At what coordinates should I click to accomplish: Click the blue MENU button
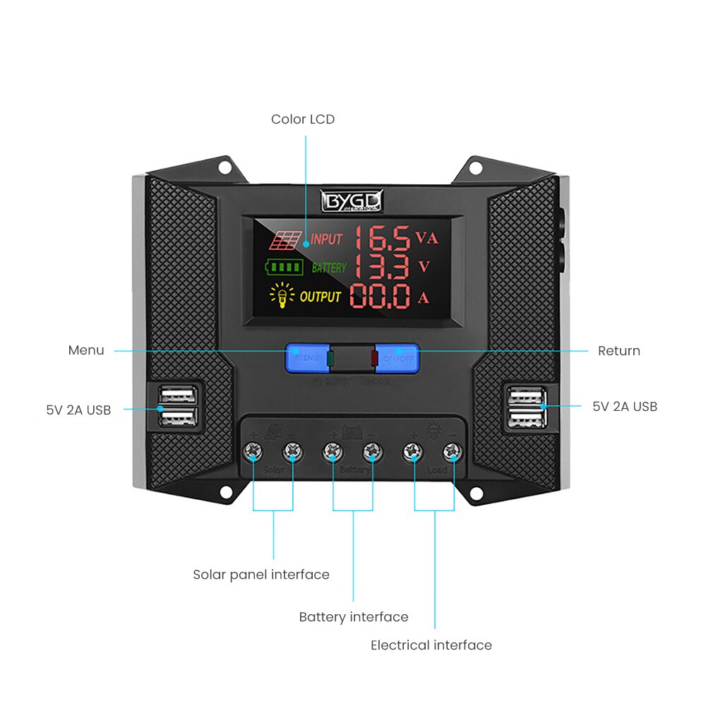pos(307,357)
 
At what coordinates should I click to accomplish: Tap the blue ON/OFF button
pos(397,357)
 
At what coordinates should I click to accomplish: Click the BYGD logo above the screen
pos(352,201)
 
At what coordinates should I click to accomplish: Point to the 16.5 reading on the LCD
pos(382,238)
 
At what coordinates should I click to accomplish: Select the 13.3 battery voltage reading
pos(382,267)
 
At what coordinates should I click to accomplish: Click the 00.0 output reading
pos(381,297)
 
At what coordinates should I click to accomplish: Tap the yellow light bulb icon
pos(281,297)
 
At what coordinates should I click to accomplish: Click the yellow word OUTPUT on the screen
pos(321,297)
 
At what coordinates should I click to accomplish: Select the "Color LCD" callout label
pos(303,119)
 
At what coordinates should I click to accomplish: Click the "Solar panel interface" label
pos(261,575)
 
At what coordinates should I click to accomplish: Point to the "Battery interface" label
pos(354,617)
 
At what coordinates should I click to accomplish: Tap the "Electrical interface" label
pos(431,645)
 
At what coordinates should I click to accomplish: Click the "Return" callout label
pos(618,351)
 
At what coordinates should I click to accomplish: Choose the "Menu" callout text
pos(86,350)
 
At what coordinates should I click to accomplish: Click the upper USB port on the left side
pos(178,395)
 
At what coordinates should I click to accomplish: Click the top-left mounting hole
pos(225,168)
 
